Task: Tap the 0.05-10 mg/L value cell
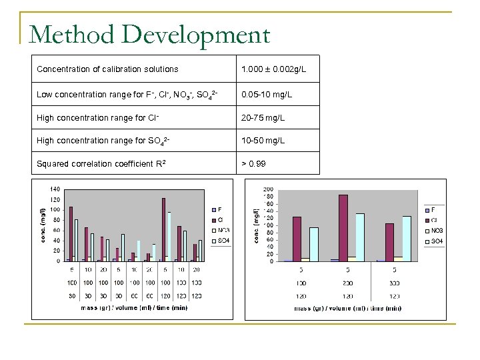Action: [x=267, y=95]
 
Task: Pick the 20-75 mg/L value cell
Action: [x=264, y=117]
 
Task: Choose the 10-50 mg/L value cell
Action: [x=264, y=141]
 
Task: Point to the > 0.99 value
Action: [x=253, y=163]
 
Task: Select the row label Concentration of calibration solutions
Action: [x=107, y=69]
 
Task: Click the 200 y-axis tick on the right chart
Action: [x=269, y=189]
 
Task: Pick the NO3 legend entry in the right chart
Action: [x=434, y=231]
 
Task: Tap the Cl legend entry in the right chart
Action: [x=433, y=220]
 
